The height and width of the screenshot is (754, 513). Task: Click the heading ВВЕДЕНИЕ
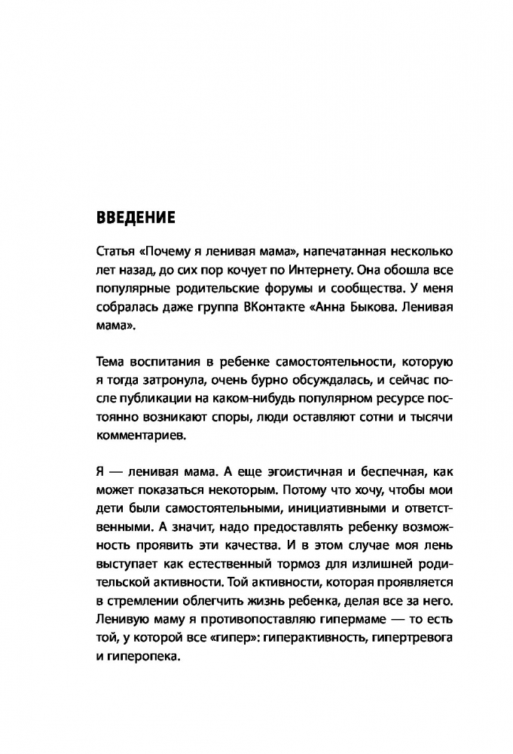[x=136, y=219]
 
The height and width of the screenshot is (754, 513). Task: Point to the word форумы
[x=286, y=290]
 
